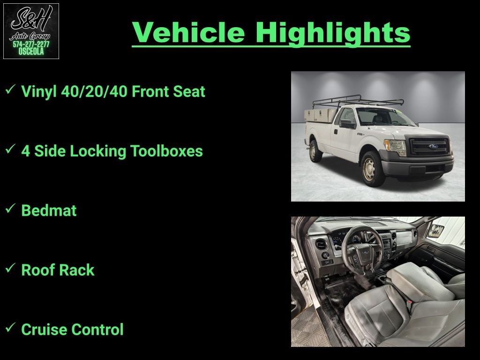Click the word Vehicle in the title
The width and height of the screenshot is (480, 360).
[188, 32]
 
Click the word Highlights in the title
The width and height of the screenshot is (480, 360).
[333, 34]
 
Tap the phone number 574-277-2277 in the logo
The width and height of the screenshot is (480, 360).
[31, 45]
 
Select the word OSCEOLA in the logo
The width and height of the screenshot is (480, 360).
[31, 52]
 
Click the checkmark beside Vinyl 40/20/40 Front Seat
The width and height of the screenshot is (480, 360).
[10, 90]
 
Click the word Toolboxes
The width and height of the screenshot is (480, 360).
[166, 151]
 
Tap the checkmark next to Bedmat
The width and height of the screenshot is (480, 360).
[10, 209]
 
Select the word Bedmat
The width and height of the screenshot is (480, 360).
[49, 210]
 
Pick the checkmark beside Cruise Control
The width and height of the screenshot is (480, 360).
[10, 328]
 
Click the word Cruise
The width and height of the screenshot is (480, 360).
[44, 330]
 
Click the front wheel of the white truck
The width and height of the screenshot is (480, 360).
[372, 169]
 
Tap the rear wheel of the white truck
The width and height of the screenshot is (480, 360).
[315, 150]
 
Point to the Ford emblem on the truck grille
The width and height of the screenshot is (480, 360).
[433, 146]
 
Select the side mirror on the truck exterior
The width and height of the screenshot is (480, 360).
[347, 124]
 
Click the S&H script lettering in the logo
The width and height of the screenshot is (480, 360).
[31, 19]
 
